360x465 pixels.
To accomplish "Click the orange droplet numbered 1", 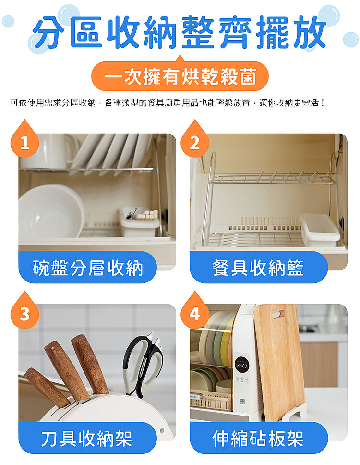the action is [x=24, y=140].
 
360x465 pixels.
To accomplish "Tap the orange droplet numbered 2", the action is [x=195, y=140].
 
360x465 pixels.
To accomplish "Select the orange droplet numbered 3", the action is [x=24, y=311].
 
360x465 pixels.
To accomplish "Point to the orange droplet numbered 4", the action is [x=195, y=311].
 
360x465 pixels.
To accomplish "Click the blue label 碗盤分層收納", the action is [x=88, y=267].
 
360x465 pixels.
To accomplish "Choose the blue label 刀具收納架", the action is [x=88, y=438].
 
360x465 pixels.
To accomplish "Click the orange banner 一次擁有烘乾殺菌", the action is [x=180, y=76].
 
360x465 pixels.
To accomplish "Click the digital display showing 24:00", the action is [x=241, y=366].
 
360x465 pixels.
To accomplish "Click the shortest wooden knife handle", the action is [x=47, y=387].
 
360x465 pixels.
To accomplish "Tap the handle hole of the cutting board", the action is [x=279, y=313].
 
